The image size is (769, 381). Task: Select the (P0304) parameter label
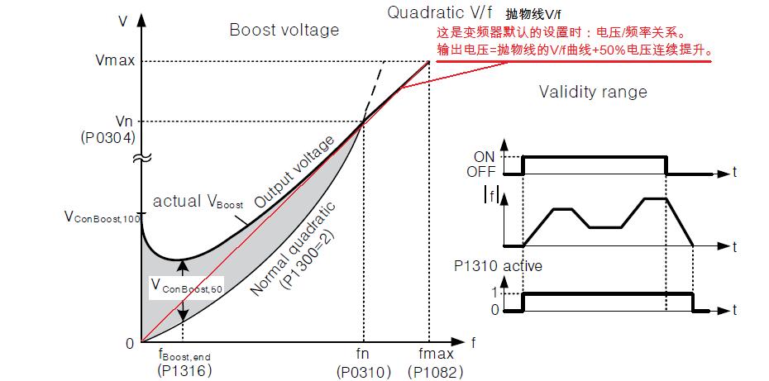point(107,136)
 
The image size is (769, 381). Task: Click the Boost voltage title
point(284,31)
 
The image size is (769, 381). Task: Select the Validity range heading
point(593,91)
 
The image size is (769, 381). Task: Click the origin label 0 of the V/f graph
point(128,343)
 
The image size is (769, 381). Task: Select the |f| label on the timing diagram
point(491,197)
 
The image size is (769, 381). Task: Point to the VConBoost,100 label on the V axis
point(101,217)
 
